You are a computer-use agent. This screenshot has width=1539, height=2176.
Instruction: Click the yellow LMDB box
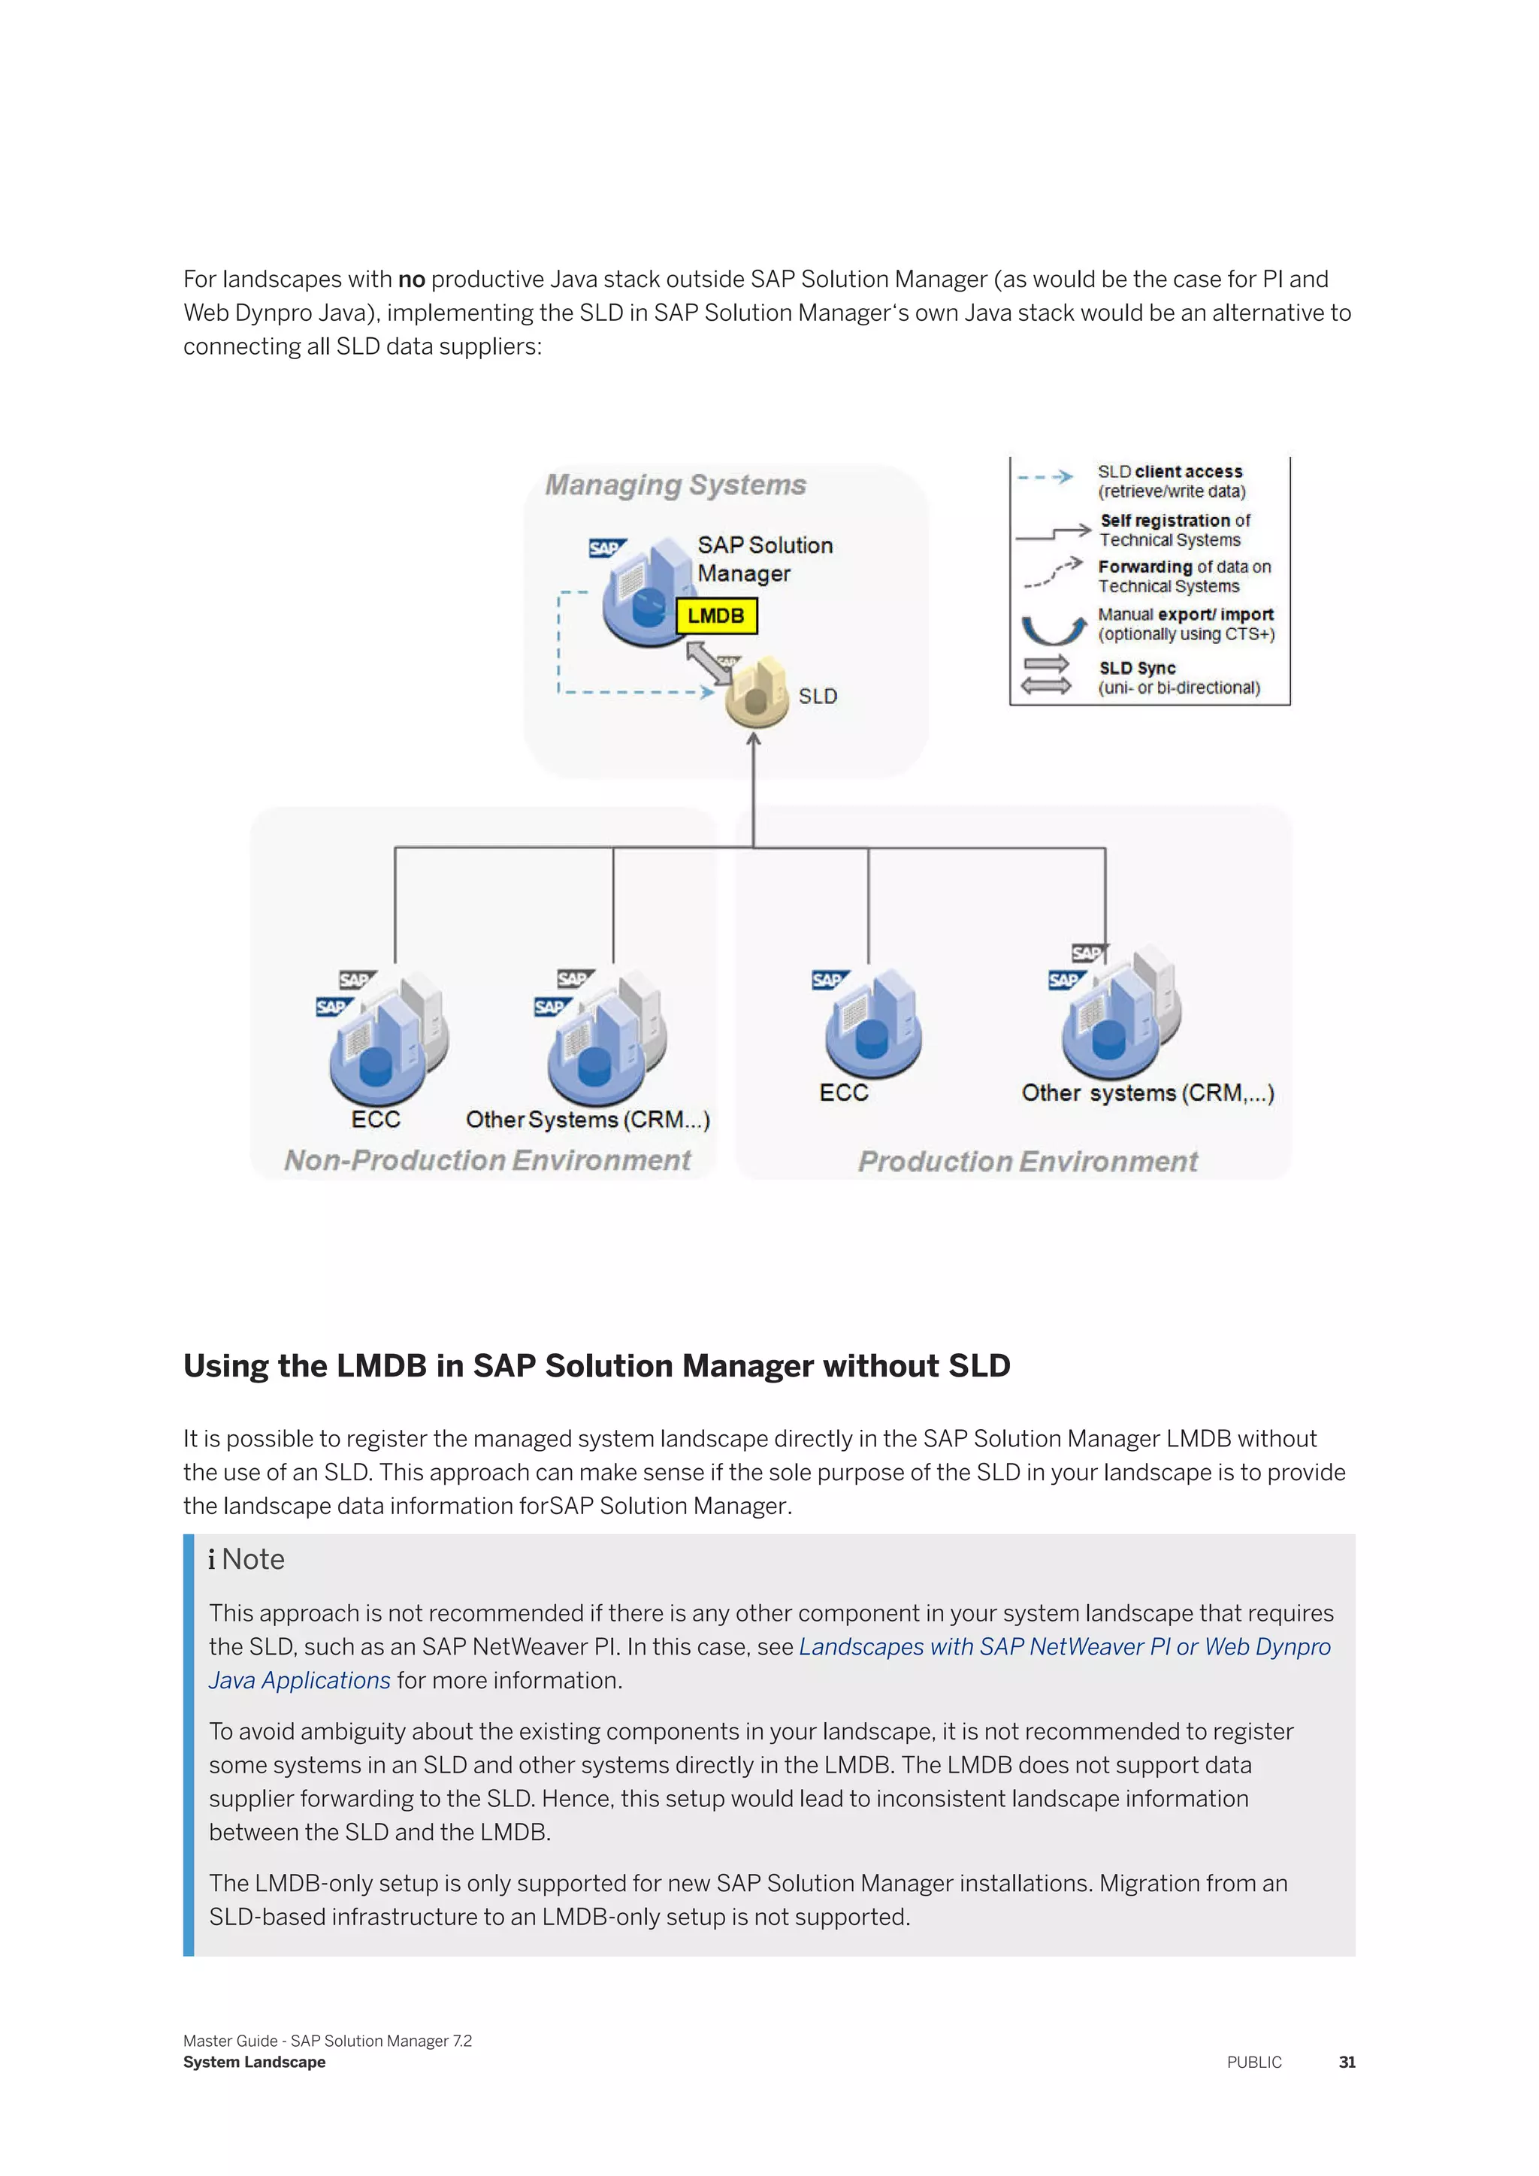point(715,616)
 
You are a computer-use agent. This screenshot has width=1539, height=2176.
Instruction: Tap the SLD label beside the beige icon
point(817,697)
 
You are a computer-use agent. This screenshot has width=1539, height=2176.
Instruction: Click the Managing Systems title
point(675,485)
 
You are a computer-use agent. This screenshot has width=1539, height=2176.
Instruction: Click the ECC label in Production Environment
point(843,1093)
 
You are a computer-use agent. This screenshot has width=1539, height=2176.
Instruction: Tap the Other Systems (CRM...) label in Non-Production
point(588,1120)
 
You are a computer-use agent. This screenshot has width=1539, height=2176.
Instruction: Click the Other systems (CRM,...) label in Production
point(1147,1093)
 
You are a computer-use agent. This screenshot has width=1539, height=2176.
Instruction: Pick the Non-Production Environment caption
point(487,1160)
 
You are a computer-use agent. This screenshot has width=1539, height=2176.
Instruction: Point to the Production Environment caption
point(1027,1161)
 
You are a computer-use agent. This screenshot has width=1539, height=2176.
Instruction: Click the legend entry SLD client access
point(1169,480)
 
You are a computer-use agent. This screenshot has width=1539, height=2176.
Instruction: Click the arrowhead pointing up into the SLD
point(754,740)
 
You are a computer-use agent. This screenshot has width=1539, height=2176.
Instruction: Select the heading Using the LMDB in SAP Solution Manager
point(596,1366)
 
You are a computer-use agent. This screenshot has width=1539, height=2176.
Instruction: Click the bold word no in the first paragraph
point(411,280)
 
